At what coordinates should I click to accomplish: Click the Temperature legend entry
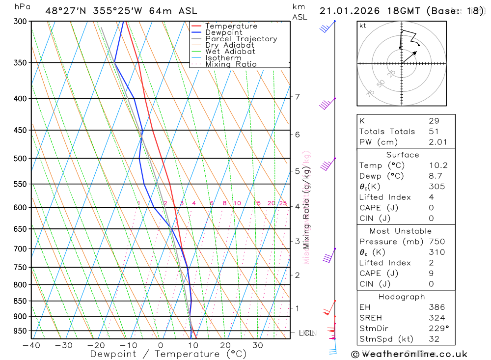231,26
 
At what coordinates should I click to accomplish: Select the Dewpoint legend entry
223,32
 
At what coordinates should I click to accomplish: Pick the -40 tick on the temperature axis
31,345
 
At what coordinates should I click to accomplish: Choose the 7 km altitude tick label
297,96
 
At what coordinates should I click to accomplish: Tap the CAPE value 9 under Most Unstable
431,274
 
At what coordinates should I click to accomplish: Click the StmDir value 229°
438,329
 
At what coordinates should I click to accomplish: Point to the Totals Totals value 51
434,131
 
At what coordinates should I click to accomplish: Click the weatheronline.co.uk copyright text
409,354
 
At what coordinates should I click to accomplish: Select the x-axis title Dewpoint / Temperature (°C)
168,354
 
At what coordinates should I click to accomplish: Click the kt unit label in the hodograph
363,26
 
